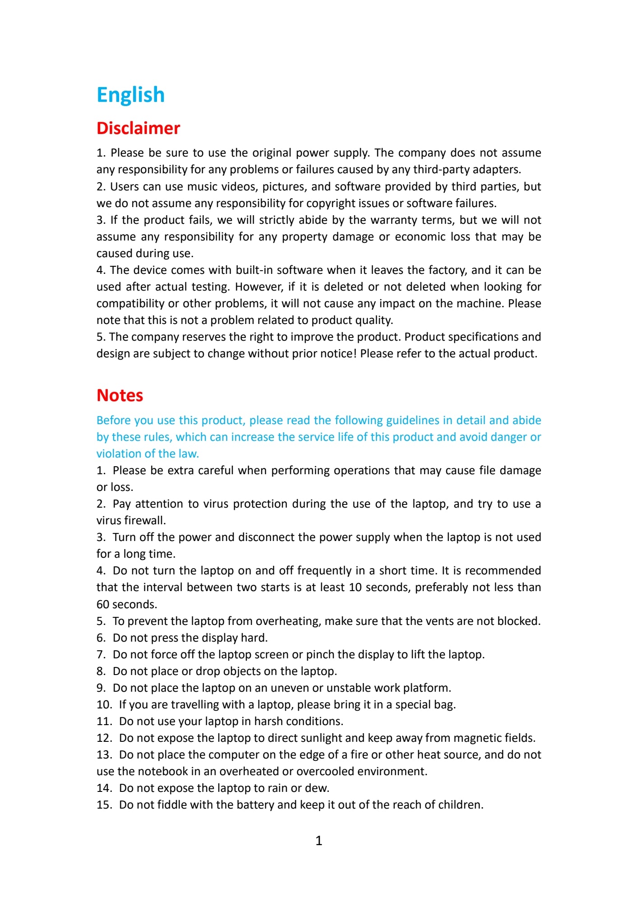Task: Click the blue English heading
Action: [130, 95]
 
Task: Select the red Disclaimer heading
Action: [138, 128]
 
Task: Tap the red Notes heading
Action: [120, 395]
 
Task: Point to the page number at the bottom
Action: [319, 840]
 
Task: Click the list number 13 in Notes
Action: [104, 755]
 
